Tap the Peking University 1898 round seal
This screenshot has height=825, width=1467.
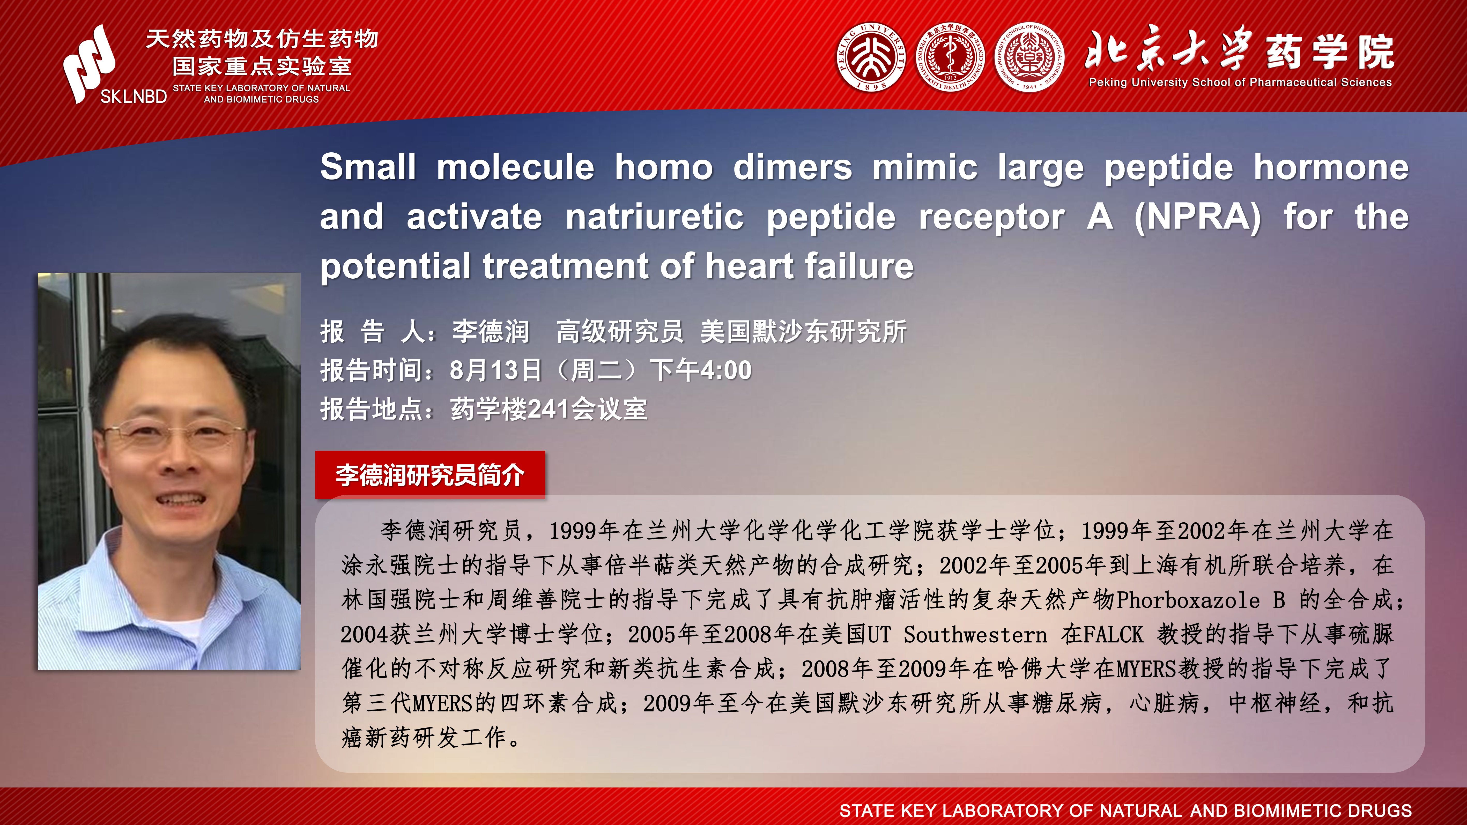[x=871, y=57]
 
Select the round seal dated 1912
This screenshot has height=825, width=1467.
[x=950, y=57]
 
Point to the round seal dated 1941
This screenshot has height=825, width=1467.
[x=1029, y=57]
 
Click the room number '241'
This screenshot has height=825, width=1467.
[x=550, y=409]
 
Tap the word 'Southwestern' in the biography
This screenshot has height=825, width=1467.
[x=975, y=634]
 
